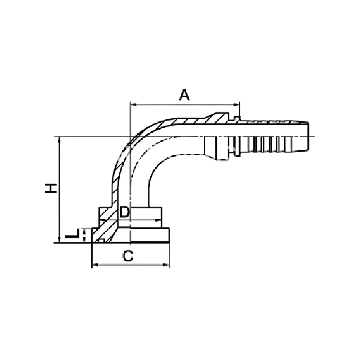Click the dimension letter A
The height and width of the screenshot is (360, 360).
point(184,95)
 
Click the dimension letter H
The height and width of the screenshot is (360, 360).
point(51,188)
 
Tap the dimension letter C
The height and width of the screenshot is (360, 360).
point(128,256)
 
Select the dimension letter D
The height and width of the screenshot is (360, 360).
point(125,212)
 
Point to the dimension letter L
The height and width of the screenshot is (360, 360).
point(72,233)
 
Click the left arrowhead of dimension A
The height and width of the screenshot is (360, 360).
point(133,105)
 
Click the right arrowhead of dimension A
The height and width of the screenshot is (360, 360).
point(237,105)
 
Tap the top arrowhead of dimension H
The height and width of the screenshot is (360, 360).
point(60,139)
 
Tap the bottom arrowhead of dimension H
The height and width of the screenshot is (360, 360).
point(60,240)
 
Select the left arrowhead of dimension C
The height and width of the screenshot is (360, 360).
point(95,265)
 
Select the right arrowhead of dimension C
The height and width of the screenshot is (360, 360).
point(166,265)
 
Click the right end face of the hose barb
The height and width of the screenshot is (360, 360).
point(308,137)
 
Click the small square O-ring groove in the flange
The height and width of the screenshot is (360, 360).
point(102,240)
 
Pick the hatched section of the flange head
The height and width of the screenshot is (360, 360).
point(104,229)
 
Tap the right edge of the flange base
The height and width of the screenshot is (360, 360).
point(169,235)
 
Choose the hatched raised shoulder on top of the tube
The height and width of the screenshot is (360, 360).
point(219,118)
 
